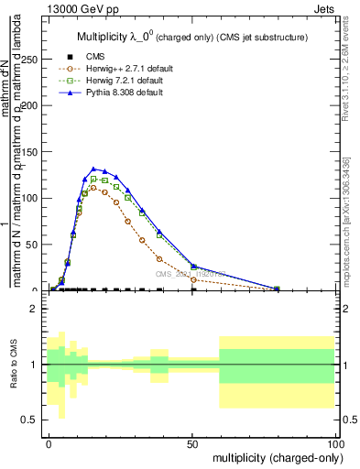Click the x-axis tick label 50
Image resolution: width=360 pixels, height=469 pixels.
click(x=192, y=442)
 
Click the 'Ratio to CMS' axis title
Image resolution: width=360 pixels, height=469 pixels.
click(x=13, y=365)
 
